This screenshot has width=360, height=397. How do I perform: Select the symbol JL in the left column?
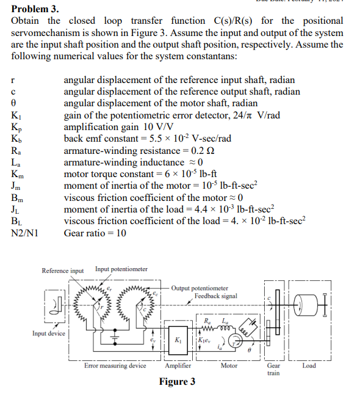tap(16, 209)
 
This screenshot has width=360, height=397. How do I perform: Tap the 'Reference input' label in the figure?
tap(63, 271)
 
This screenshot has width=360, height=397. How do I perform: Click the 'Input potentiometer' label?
tap(121, 269)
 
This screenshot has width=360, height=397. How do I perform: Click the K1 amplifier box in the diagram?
tap(178, 339)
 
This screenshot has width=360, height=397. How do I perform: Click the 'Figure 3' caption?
tap(177, 382)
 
